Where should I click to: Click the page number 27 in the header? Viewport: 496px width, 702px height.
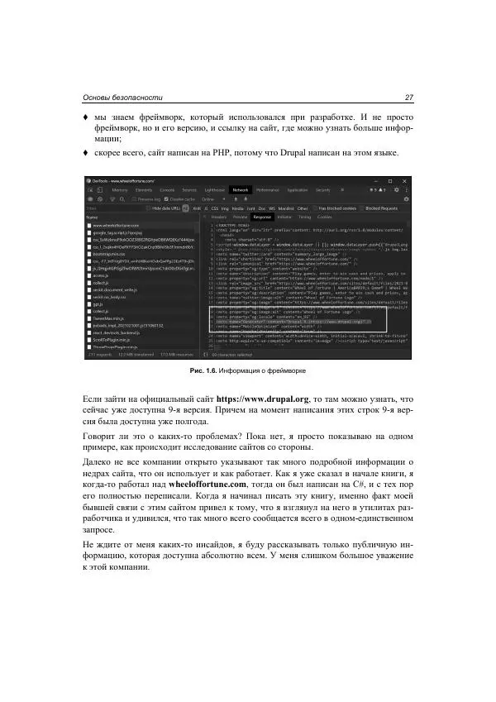pos(408,98)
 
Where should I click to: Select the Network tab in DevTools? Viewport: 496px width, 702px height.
pos(241,189)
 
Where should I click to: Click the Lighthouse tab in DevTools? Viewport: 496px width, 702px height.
pos(213,189)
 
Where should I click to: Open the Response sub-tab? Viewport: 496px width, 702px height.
pos(262,217)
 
